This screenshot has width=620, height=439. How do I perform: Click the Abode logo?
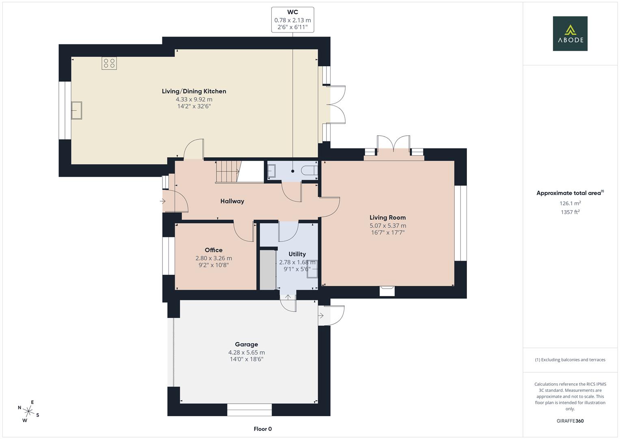click(570, 33)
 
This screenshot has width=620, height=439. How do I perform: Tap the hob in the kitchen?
click(109, 63)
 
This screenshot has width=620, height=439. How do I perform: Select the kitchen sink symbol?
click(77, 110)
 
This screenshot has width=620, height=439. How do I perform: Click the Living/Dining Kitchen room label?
click(194, 91)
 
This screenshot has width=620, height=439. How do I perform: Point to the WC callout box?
click(293, 20)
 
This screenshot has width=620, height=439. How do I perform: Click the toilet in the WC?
click(309, 170)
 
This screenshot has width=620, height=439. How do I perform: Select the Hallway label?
click(232, 201)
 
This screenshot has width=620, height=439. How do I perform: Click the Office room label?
click(214, 250)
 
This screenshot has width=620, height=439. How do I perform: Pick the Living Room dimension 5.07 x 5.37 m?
click(388, 226)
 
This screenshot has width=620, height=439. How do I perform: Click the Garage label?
click(246, 344)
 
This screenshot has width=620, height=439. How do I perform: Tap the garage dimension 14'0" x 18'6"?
click(246, 359)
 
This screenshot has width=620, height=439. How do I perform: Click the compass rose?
click(28, 411)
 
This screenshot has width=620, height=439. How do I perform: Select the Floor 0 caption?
click(263, 429)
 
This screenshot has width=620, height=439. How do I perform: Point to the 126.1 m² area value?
click(570, 203)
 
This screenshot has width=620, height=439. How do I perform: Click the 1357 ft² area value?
click(570, 212)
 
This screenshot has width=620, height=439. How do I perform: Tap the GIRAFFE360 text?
click(570, 421)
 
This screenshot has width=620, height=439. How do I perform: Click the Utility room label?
click(297, 254)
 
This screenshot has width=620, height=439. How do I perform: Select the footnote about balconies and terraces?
click(570, 360)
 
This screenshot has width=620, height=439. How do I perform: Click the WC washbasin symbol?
click(271, 171)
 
